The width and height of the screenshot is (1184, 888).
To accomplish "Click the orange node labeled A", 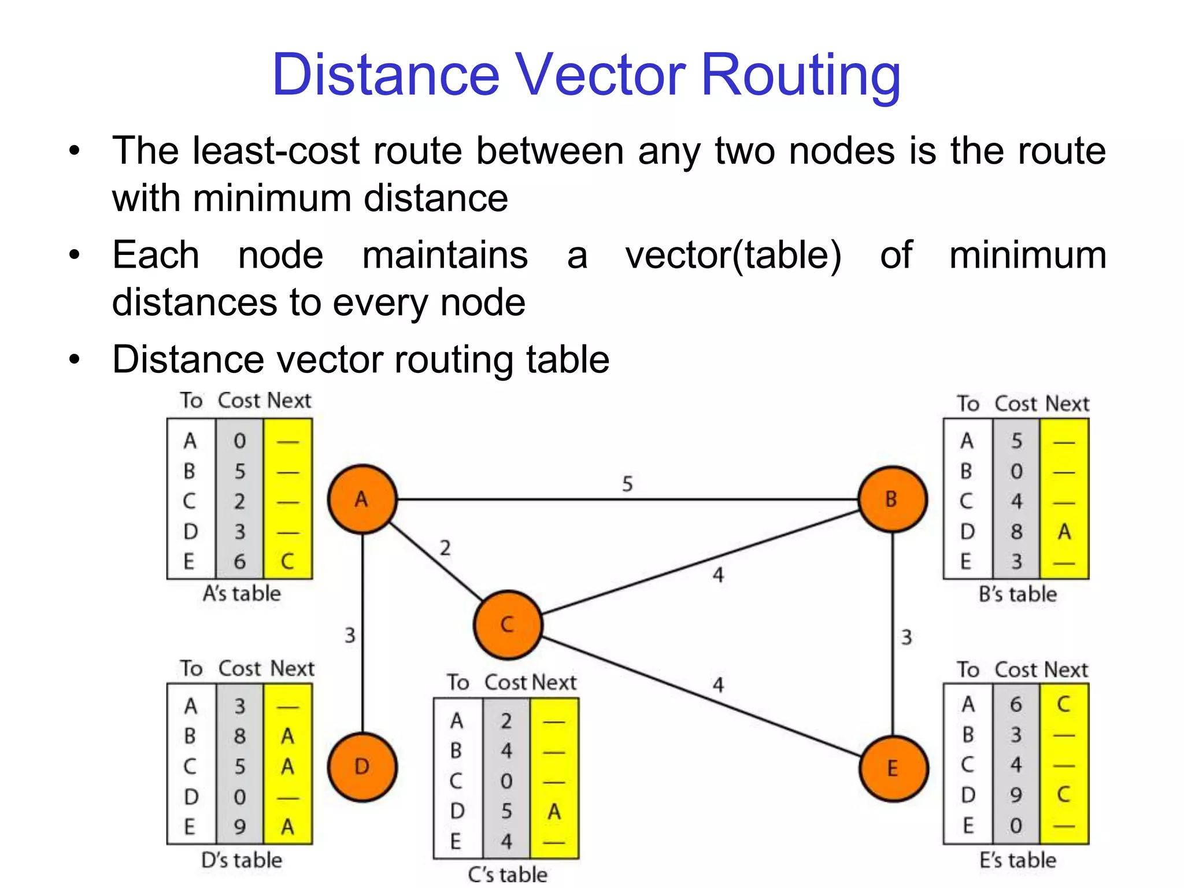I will tap(362, 499).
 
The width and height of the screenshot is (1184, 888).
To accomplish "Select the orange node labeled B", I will tap(892, 499).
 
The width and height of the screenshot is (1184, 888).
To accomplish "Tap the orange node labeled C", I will tap(507, 624).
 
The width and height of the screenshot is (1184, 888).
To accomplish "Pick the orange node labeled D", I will tap(362, 767).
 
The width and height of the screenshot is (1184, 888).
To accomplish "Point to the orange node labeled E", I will tap(893, 768).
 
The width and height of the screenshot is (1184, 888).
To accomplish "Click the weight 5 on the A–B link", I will tap(627, 483).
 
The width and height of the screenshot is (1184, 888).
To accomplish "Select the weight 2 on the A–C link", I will tap(445, 547).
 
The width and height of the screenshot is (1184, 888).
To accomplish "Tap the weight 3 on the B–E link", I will tap(906, 637).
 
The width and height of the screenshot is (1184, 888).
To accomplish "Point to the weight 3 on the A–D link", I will tap(350, 635).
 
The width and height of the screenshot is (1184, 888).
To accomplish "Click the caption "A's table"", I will tap(242, 594).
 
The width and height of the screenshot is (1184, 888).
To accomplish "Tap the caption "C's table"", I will tap(508, 874).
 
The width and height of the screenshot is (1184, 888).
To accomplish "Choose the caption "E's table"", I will tap(1017, 860).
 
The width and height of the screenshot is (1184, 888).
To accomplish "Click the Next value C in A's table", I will tap(287, 561).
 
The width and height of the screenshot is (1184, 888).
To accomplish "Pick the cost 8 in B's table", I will tap(1016, 531).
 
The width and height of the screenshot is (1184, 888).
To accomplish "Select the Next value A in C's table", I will tap(554, 812).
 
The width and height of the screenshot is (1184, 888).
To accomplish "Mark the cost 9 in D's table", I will tap(239, 827).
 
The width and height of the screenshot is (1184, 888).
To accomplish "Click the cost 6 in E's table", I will tap(1016, 704).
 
